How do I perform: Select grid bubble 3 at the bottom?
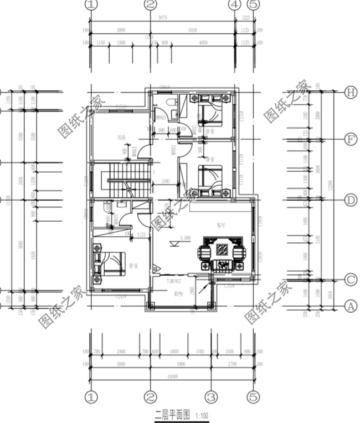[210, 397]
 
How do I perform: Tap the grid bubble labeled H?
[350, 93]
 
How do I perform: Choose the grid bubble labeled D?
[350, 200]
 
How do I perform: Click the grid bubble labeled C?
[350, 280]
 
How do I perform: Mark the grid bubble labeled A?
[350, 305]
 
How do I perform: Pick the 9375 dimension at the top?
[163, 17]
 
